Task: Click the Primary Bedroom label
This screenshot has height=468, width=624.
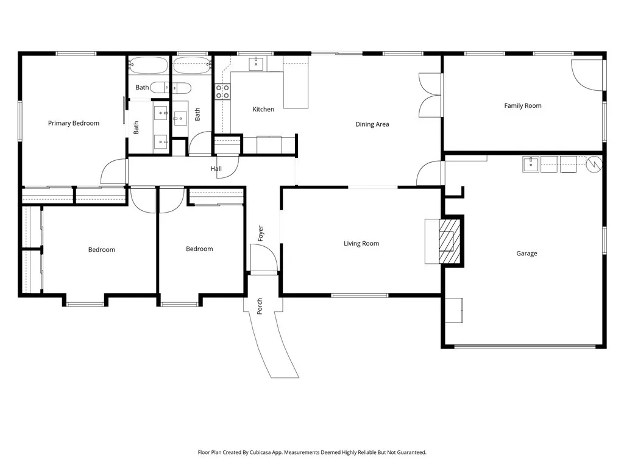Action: tap(73, 123)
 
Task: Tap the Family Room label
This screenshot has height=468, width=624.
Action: tap(522, 105)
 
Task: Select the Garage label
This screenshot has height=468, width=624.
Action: tap(526, 253)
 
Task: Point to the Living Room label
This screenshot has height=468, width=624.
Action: tap(361, 244)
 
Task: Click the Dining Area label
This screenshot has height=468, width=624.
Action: tap(372, 124)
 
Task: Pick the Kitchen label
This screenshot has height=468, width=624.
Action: tap(263, 109)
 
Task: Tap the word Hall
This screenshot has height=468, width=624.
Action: tap(216, 169)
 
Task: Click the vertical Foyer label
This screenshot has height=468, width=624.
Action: tap(261, 233)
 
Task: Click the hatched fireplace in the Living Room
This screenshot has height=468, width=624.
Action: tap(450, 241)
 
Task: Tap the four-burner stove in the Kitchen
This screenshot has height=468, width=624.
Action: tap(222, 91)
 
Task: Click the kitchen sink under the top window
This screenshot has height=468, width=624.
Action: tap(256, 63)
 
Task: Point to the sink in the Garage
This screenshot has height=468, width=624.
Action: tap(530, 164)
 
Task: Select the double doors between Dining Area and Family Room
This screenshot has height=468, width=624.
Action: tap(429, 94)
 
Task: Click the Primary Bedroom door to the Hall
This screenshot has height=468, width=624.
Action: tap(113, 172)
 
